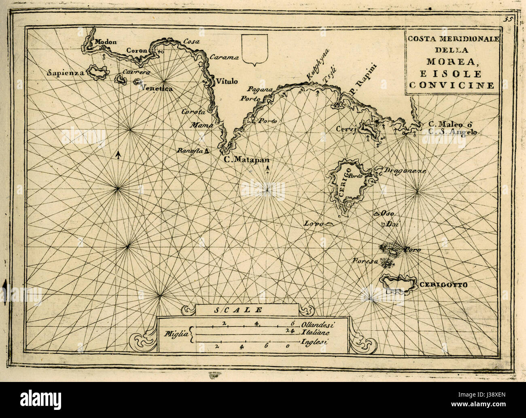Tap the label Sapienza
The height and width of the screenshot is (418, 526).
(x=65, y=73)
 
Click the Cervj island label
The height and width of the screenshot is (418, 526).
(x=345, y=129)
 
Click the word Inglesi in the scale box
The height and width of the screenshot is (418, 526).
(x=314, y=342)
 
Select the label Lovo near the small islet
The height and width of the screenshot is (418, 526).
(x=313, y=223)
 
